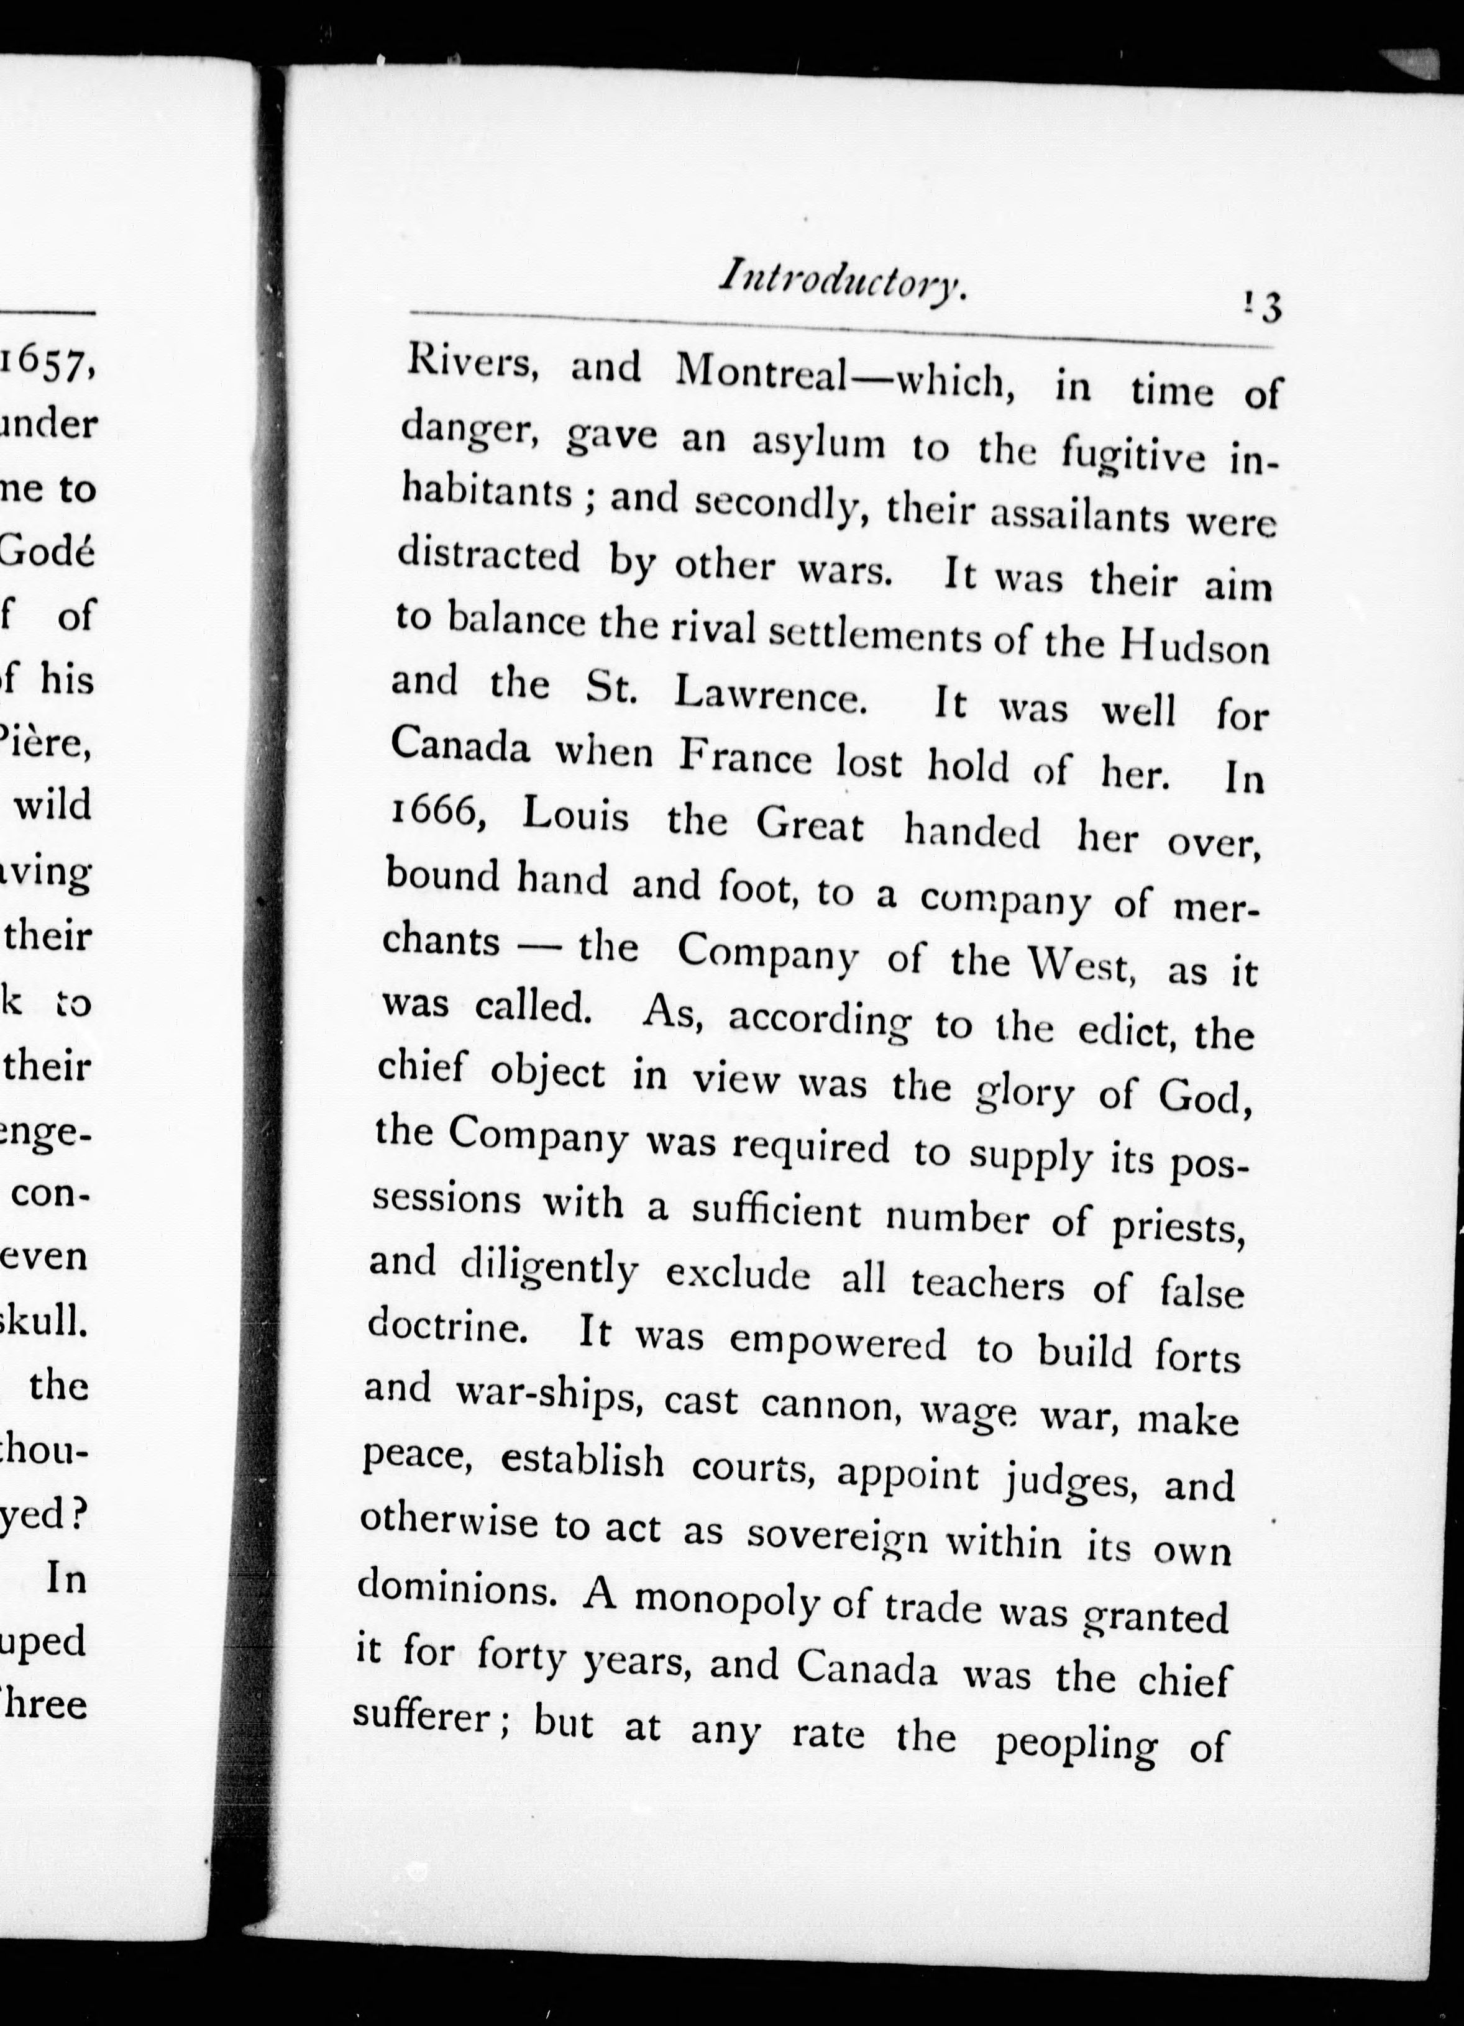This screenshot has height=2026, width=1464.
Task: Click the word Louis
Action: tap(575, 817)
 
